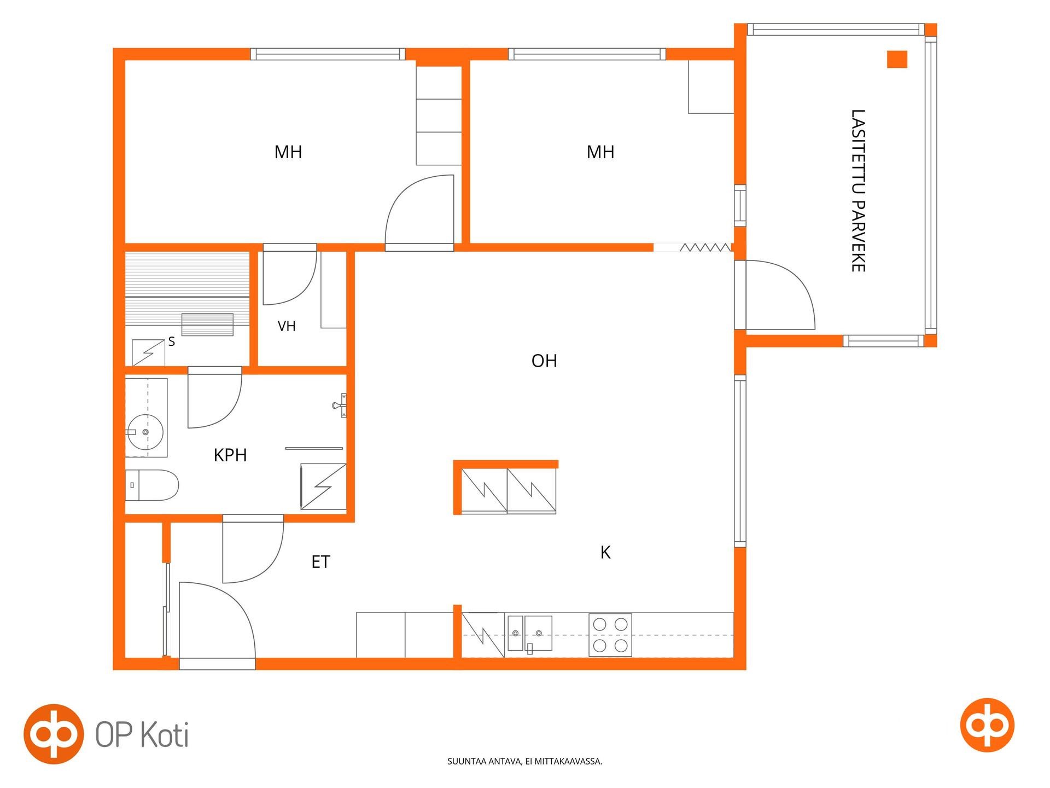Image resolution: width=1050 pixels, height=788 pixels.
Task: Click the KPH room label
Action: pos(230,455)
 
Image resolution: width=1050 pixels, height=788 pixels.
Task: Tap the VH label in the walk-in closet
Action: pos(287,327)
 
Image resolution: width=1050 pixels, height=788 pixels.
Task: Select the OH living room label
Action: pos(544,361)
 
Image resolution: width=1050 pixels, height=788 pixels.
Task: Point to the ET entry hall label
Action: pos(321,562)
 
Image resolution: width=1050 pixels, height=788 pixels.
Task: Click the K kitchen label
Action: pos(605,553)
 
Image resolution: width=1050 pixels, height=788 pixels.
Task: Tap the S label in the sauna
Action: pos(172,342)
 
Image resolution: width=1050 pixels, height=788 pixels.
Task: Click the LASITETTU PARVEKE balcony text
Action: pos(858,190)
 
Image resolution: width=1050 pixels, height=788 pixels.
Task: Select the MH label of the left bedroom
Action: pos(288,152)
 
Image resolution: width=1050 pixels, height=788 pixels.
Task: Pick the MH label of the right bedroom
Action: pos(600,152)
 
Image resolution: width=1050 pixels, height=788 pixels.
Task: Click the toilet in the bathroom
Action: pos(152,485)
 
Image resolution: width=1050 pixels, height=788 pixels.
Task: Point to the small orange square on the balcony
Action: pos(897,59)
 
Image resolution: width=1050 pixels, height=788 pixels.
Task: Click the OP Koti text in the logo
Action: pos(142,734)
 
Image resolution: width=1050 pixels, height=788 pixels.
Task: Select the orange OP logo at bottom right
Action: pos(987,725)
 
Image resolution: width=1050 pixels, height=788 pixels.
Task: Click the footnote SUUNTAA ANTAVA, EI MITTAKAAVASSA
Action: pos(524,761)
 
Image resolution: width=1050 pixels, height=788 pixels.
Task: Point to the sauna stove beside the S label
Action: pos(149,353)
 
